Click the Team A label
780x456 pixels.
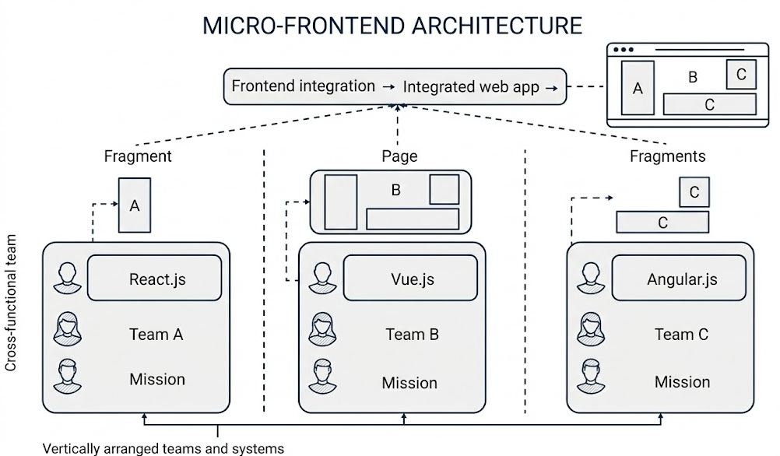(156, 335)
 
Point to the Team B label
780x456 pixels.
(412, 335)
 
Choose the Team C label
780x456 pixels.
(681, 335)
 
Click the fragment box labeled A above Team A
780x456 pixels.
(135, 205)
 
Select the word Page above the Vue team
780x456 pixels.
(399, 156)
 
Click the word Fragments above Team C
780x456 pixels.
(667, 156)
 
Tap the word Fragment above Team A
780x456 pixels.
(138, 156)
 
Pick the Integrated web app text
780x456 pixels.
(471, 87)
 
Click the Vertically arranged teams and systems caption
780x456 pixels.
(163, 448)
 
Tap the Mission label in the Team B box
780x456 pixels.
(409, 383)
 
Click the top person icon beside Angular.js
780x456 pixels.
(590, 276)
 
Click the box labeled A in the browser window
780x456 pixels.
(638, 88)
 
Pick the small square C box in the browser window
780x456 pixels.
(740, 74)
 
